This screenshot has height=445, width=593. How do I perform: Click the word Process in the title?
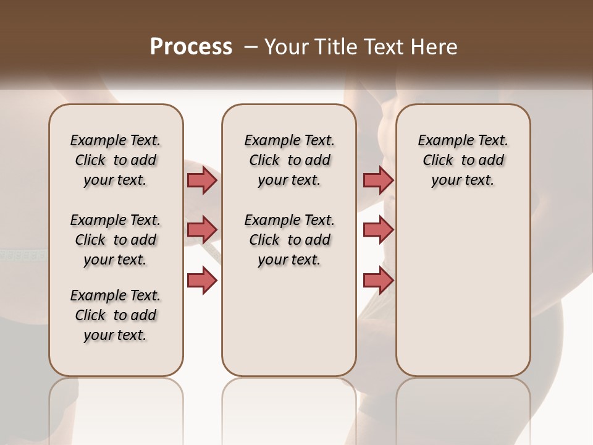[x=191, y=46]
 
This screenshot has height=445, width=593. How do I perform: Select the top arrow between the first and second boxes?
[x=202, y=180]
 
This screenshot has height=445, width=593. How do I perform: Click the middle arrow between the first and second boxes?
[x=202, y=230]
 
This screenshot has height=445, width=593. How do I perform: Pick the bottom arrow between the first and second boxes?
[x=202, y=280]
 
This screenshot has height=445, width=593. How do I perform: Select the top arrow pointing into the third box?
[x=378, y=180]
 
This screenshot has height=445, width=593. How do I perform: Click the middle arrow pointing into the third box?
[x=378, y=230]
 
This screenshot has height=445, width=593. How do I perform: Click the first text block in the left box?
[x=116, y=160]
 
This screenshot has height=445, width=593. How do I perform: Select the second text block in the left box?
[x=116, y=240]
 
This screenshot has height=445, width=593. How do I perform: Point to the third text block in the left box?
[x=116, y=315]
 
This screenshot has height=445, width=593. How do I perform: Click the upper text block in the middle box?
[x=289, y=160]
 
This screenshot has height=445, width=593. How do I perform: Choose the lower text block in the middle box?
[x=289, y=240]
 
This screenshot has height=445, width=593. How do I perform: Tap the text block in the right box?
[x=463, y=160]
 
